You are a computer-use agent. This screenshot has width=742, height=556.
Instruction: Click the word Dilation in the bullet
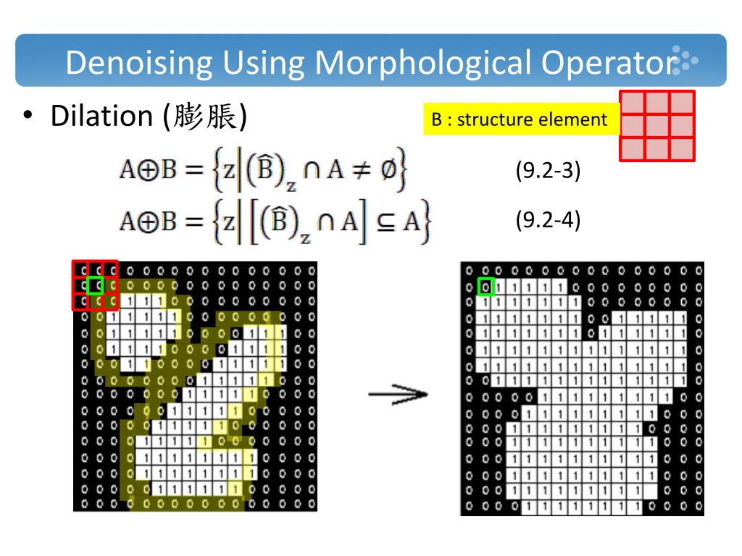click(x=101, y=116)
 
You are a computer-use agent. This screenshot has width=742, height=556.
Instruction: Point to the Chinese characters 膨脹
click(x=207, y=117)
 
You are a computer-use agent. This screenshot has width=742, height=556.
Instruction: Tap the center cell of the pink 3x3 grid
click(x=657, y=126)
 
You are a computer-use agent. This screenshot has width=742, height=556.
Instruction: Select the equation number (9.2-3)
click(x=548, y=172)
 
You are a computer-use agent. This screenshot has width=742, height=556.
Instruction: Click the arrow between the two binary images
click(x=398, y=395)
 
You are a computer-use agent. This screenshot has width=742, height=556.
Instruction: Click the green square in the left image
click(x=95, y=285)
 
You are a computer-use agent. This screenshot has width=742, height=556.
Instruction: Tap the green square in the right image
click(x=486, y=287)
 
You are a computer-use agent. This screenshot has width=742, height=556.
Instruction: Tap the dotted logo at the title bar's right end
click(x=685, y=62)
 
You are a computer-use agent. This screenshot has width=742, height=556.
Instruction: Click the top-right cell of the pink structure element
click(x=682, y=103)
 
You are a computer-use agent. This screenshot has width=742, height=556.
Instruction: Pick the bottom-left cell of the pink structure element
click(x=633, y=149)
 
